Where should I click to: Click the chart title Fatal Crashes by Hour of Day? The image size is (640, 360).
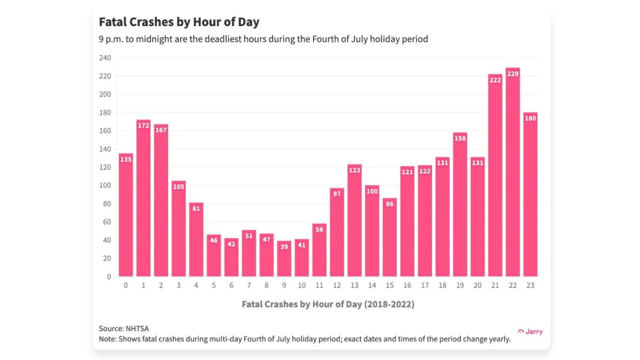179,22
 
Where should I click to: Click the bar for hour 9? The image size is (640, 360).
284,259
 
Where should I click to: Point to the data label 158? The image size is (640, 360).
460,139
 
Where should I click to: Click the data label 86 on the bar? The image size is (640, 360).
389,204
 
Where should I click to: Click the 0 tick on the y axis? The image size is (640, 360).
109,276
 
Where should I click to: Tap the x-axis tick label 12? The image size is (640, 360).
337,285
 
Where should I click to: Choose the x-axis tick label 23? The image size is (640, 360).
530,285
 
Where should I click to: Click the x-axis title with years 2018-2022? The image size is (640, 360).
327,304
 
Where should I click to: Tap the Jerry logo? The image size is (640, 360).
530,332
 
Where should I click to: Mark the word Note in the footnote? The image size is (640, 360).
107,339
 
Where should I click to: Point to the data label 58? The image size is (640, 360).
319,230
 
